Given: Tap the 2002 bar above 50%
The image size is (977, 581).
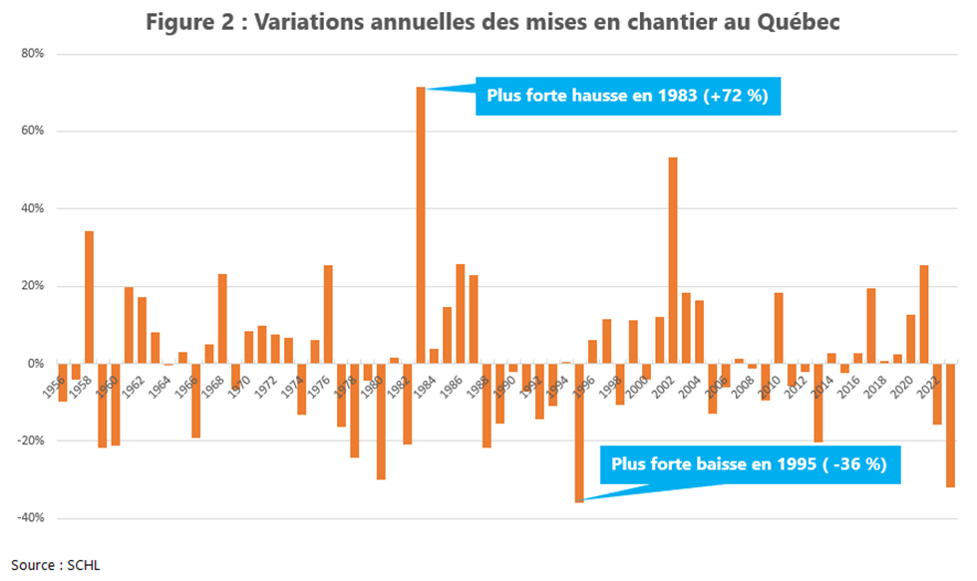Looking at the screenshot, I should pyautogui.click(x=673, y=260).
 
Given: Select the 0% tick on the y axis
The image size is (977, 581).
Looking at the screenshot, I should pyautogui.click(x=34, y=364).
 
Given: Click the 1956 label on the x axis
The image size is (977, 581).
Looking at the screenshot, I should pyautogui.click(x=57, y=382).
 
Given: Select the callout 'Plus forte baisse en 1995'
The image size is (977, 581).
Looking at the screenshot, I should pyautogui.click(x=749, y=464).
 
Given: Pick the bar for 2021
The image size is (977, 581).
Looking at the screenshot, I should pyautogui.click(x=924, y=315).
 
